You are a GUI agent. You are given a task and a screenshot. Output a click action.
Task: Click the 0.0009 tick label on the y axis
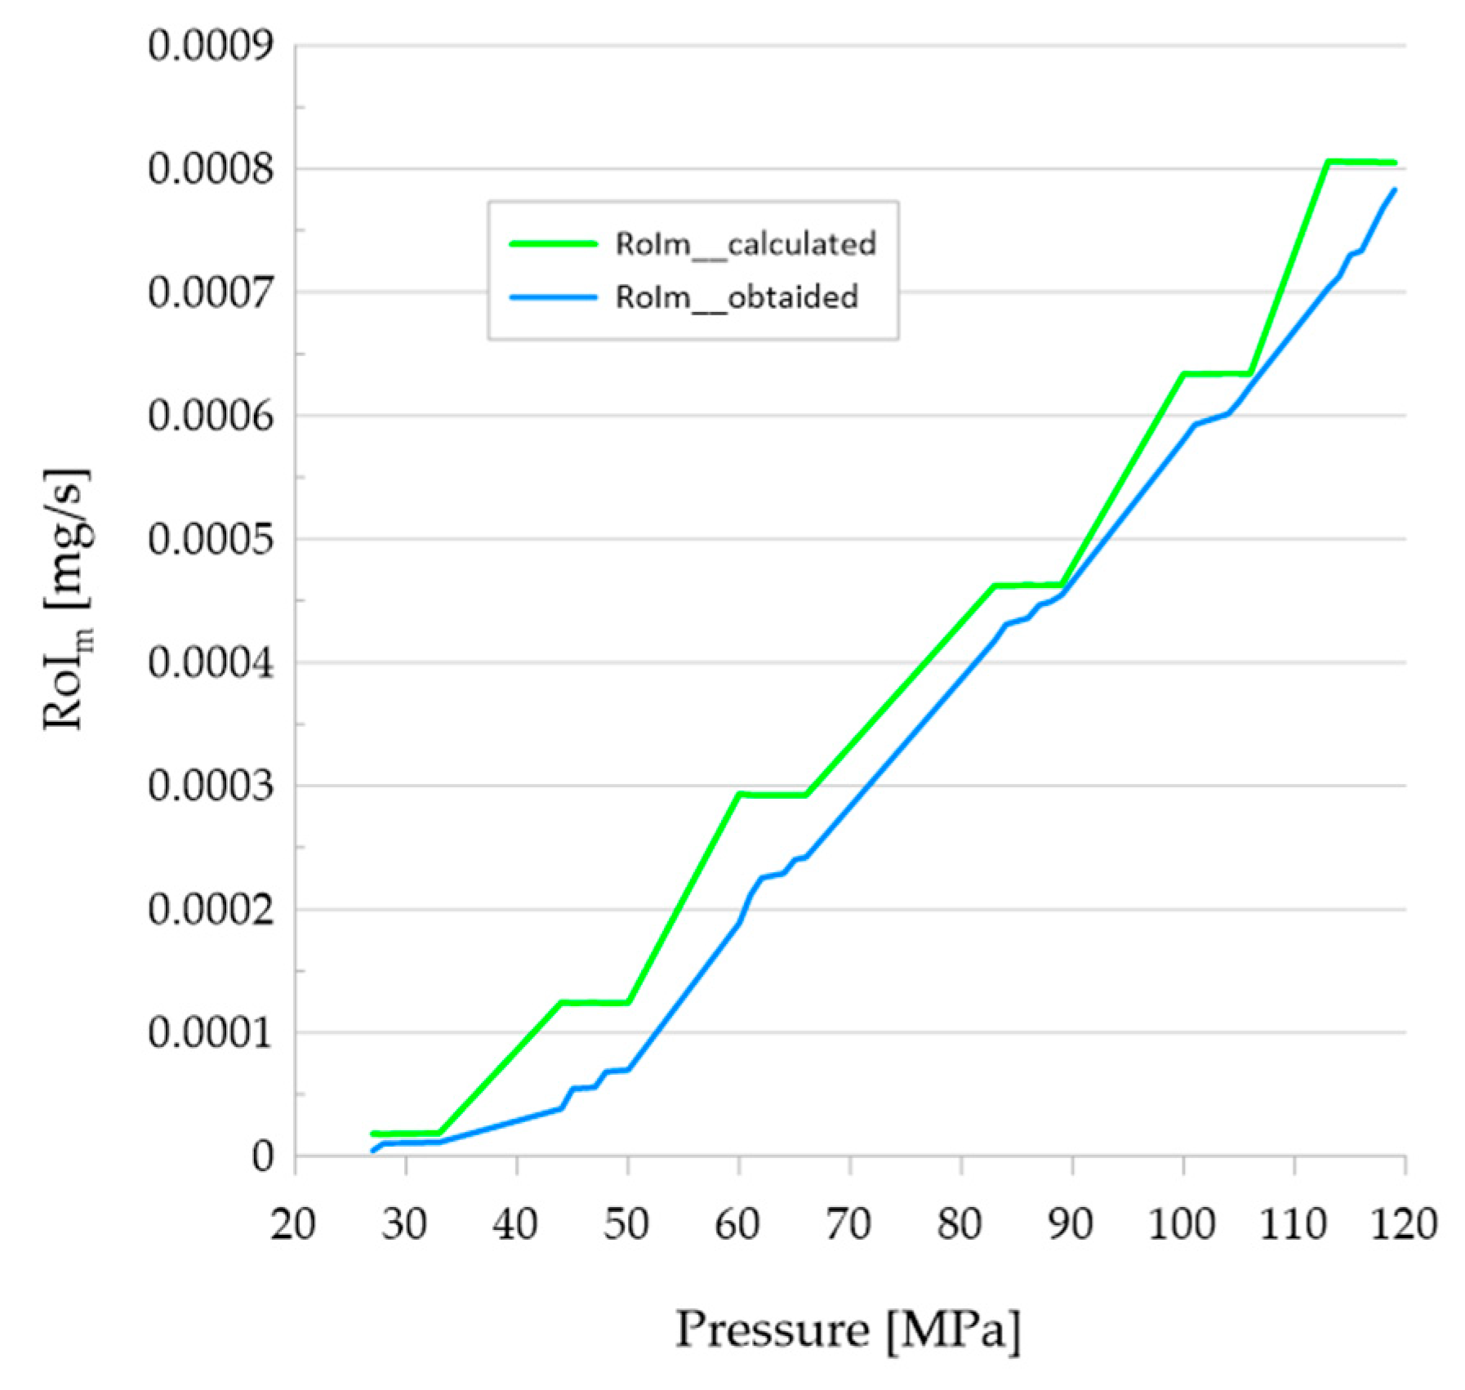tap(210, 46)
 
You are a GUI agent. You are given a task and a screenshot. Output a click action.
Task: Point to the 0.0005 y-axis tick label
tap(210, 539)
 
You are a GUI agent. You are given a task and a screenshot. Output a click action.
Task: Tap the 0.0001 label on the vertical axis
tap(210, 1033)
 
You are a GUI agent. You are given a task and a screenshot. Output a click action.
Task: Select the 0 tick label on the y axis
tap(263, 1156)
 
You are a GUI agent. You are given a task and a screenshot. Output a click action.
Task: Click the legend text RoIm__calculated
tap(746, 244)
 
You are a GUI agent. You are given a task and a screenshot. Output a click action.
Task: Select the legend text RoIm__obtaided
tap(737, 297)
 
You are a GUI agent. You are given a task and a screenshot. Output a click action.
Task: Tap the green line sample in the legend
tap(554, 243)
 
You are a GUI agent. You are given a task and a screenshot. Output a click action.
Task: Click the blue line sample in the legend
tap(554, 297)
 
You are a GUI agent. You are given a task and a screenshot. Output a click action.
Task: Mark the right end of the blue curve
tap(1394, 190)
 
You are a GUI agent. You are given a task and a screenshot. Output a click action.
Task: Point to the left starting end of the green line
tap(373, 1134)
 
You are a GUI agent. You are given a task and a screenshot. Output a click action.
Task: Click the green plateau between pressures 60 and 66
tap(773, 795)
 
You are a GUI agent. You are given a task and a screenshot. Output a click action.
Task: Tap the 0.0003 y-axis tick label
tap(210, 786)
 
